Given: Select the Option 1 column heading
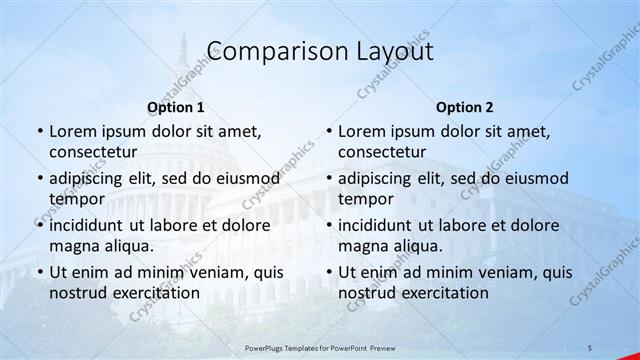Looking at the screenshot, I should (x=176, y=107).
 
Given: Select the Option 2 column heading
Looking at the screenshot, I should (x=465, y=107).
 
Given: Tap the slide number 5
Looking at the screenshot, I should (x=590, y=346).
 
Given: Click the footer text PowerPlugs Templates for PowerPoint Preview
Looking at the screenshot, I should (x=319, y=346).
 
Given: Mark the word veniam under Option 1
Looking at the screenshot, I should (x=211, y=271).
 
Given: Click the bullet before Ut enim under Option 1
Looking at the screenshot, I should (x=39, y=272).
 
